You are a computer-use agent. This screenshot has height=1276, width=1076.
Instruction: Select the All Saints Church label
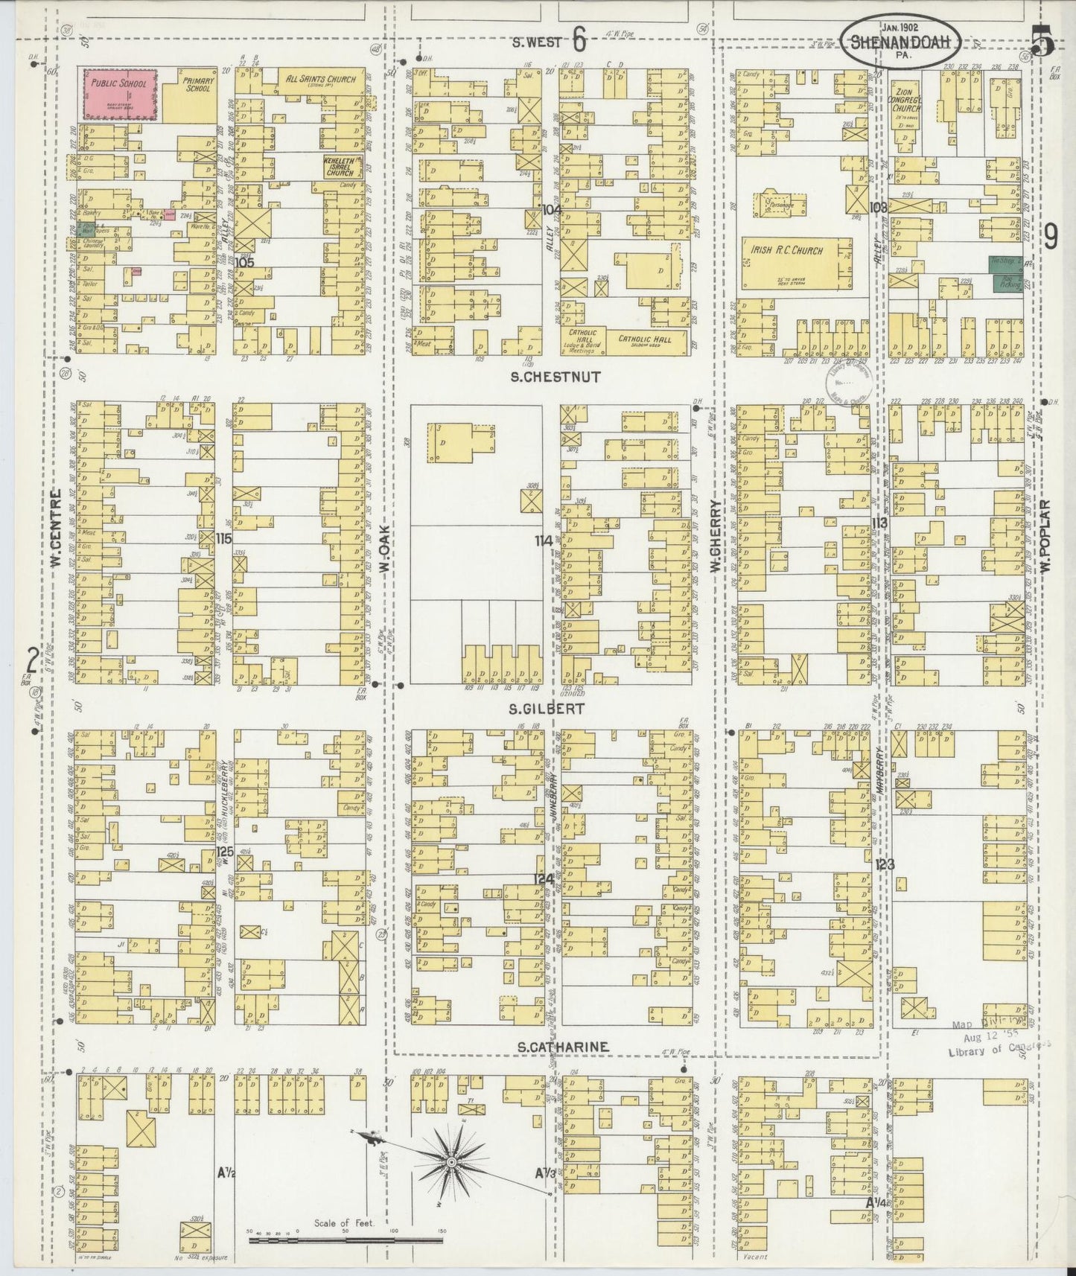pyautogui.click(x=321, y=80)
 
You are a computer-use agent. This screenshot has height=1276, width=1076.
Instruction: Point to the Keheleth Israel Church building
pyautogui.click(x=342, y=167)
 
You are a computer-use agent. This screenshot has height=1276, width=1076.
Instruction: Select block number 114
pyautogui.click(x=544, y=541)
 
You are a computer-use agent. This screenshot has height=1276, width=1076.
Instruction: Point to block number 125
pyautogui.click(x=224, y=851)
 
